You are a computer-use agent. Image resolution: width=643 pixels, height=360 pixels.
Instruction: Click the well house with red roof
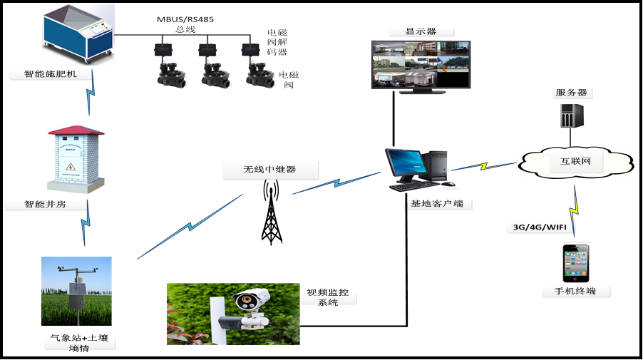[x=76, y=159]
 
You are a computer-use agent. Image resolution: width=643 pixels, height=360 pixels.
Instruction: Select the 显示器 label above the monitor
[x=421, y=32]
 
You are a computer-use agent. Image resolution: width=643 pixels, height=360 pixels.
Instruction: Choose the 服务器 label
[x=572, y=93]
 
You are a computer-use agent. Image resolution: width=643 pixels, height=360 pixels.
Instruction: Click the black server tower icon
[x=572, y=115]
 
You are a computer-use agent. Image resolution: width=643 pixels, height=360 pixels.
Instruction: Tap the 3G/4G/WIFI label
[x=540, y=227]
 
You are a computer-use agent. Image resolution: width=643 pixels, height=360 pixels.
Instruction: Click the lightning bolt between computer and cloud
[x=484, y=167]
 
